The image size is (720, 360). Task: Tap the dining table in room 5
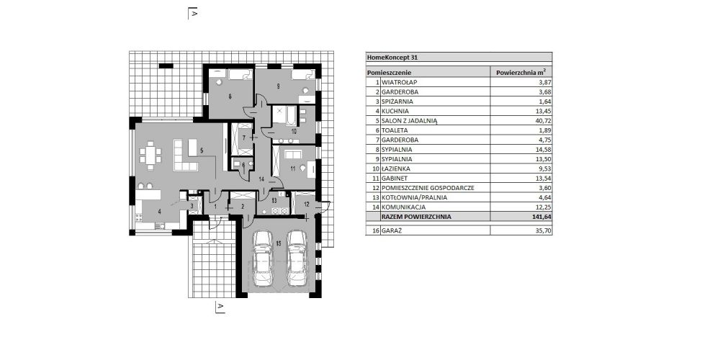(x=150, y=156)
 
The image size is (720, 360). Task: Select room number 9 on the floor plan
(x=278, y=86)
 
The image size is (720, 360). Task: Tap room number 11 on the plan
(x=292, y=168)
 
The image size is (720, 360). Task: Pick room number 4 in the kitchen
(x=159, y=211)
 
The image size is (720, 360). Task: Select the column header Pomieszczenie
(x=389, y=73)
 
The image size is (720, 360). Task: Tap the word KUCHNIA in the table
(x=395, y=111)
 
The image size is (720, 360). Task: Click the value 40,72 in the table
(x=543, y=121)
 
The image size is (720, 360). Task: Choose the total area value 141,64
(x=542, y=217)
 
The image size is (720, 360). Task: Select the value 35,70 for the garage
(x=543, y=231)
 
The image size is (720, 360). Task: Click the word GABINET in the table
(x=395, y=179)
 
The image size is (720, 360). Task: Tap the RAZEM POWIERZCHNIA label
(x=416, y=217)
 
